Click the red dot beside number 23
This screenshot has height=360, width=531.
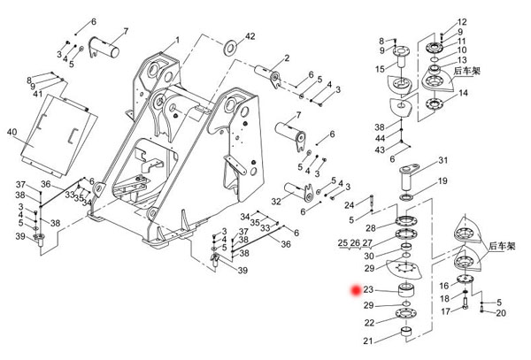[x=356, y=290]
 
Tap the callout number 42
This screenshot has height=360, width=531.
[x=250, y=35]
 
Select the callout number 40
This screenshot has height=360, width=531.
[x=12, y=132]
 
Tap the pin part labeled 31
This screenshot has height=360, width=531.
[x=412, y=171]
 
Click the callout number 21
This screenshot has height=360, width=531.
[x=367, y=341]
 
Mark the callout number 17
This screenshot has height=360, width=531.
[x=447, y=311]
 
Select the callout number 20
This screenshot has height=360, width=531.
[x=501, y=313]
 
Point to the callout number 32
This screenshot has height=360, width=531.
[x=275, y=202]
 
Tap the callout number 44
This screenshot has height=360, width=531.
[x=379, y=138]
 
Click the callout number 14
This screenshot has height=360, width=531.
[x=464, y=93]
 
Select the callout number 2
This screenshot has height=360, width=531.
[x=286, y=58]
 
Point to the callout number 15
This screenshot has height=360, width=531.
[x=379, y=68]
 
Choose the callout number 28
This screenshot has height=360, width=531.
[x=371, y=228]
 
